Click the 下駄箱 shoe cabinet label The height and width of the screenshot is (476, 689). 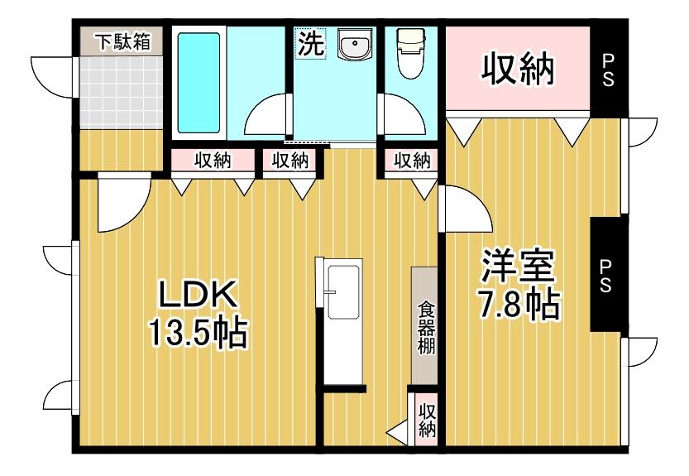pos(121,41)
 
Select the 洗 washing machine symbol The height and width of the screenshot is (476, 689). pos(311,45)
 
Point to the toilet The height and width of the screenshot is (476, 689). pos(409,53)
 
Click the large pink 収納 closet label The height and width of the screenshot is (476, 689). pos(519,70)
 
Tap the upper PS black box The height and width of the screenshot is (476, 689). pos(608,70)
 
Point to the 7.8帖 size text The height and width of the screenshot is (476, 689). pos(519,305)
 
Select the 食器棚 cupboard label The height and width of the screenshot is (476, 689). pos(425,326)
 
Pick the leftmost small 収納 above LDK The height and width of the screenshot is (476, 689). pos(213,160)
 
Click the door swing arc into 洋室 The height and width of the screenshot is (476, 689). pos(465,209)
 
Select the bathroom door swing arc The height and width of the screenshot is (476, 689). pos(270,116)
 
